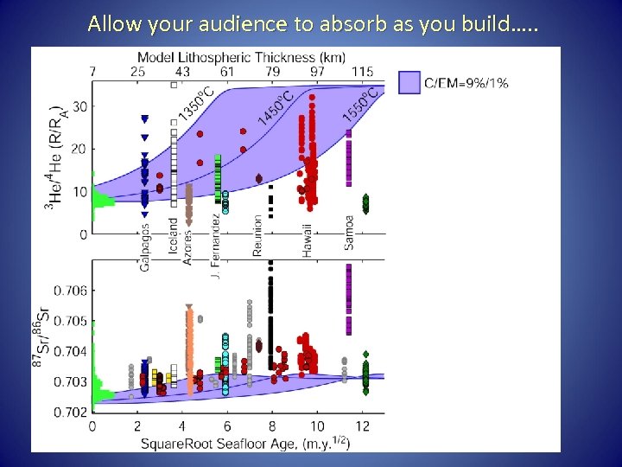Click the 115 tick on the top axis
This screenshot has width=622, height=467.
click(363, 70)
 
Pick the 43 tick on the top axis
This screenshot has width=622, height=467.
click(183, 70)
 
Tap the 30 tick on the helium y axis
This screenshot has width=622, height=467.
click(79, 107)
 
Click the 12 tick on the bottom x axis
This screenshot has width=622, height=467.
click(363, 426)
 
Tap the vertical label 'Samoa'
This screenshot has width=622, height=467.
click(349, 232)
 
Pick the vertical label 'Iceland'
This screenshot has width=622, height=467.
click(174, 234)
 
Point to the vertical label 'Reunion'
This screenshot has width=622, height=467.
click(257, 235)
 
